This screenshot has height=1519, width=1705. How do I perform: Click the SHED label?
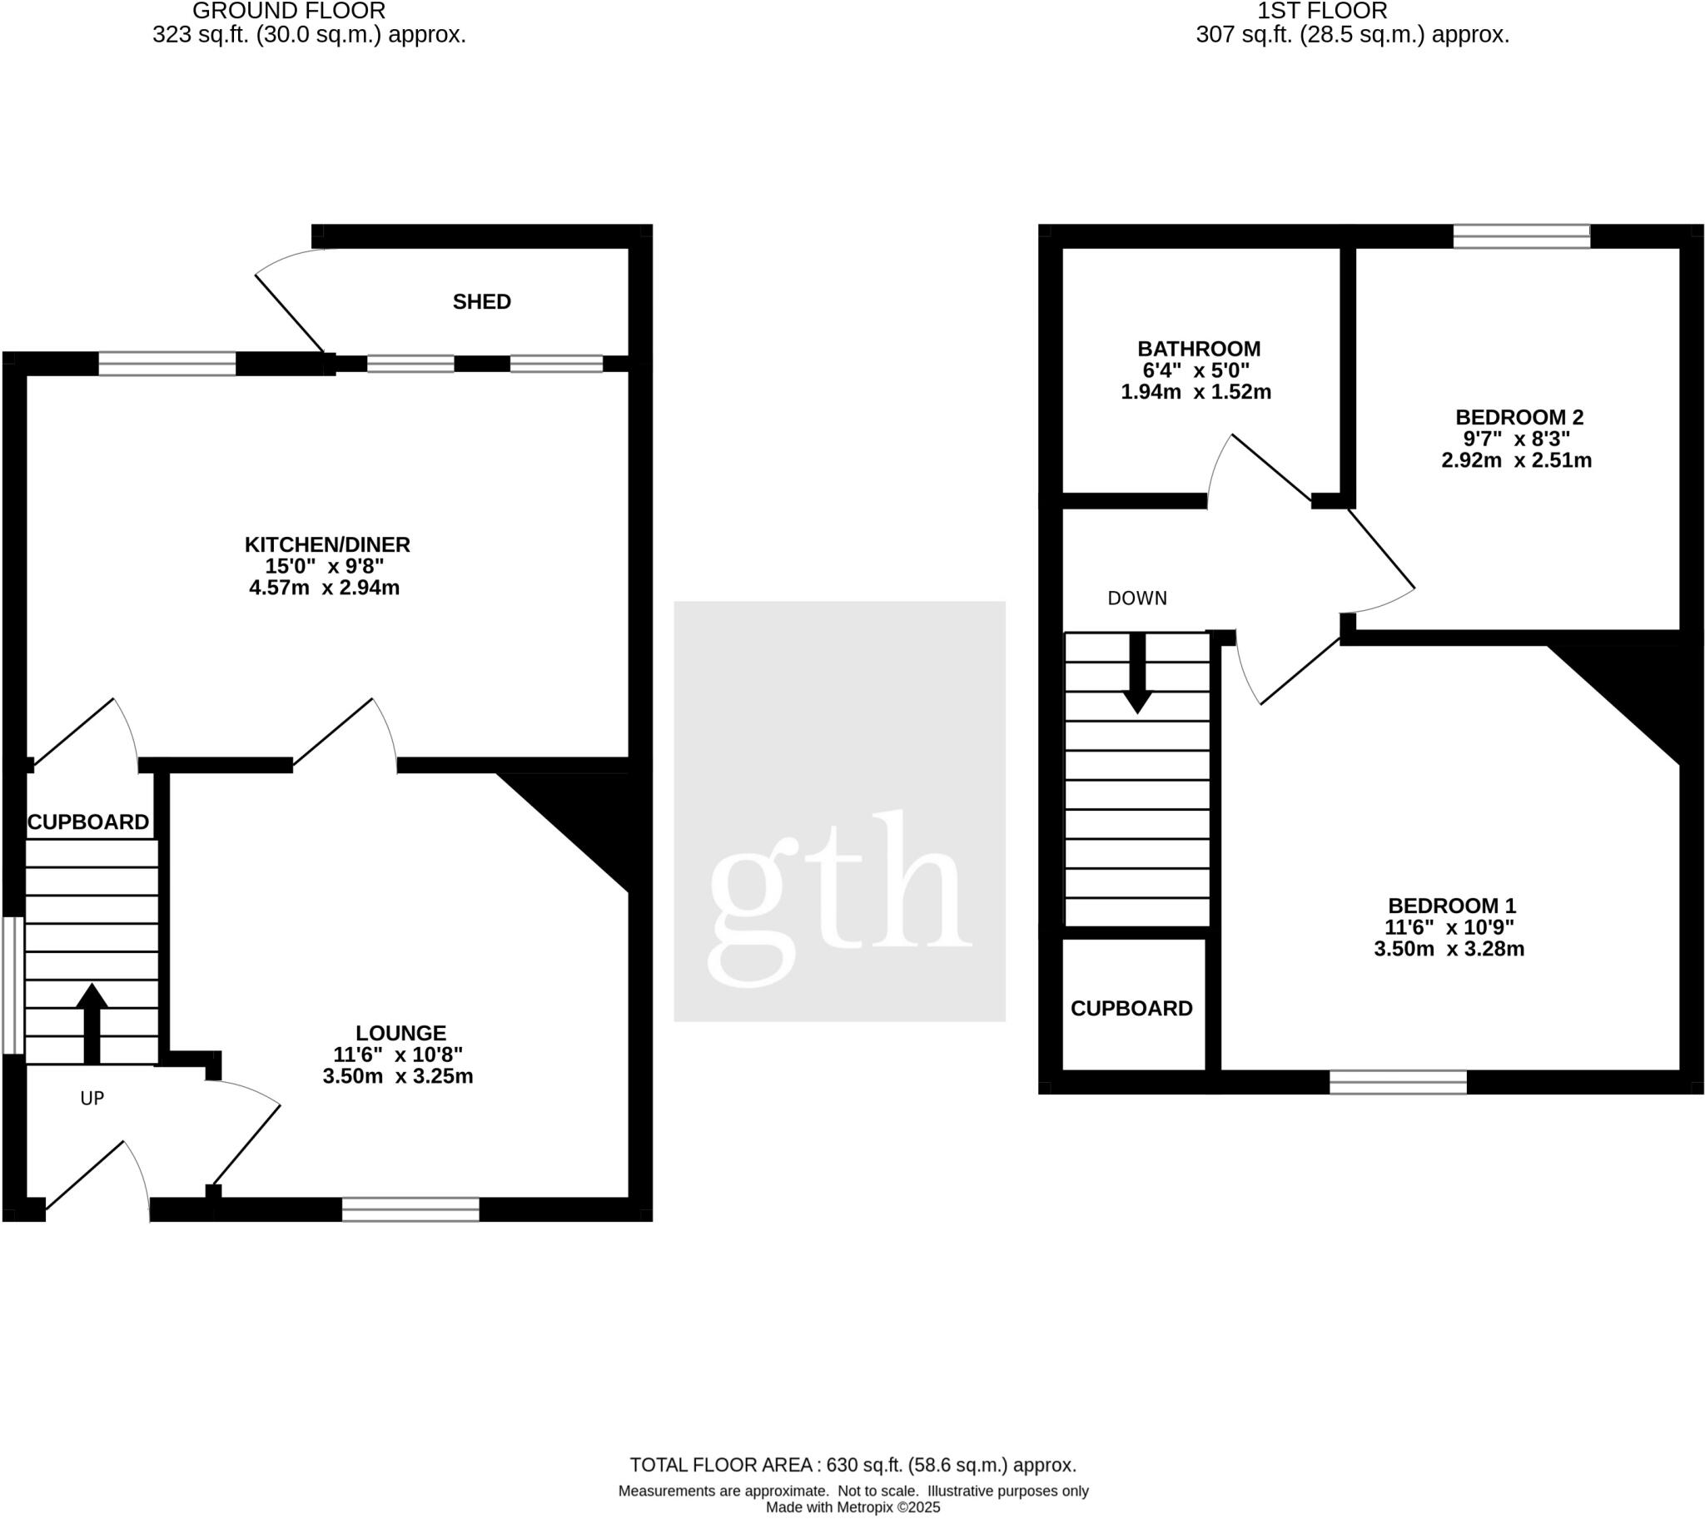pyautogui.click(x=482, y=302)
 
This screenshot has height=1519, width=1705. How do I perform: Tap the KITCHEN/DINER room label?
pyautogui.click(x=326, y=545)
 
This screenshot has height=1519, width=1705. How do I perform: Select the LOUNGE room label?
pyautogui.click(x=400, y=1033)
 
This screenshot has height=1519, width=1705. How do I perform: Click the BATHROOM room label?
pyautogui.click(x=1198, y=349)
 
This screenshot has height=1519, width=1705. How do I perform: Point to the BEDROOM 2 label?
pyautogui.click(x=1519, y=417)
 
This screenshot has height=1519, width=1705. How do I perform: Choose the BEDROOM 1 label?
pyautogui.click(x=1451, y=906)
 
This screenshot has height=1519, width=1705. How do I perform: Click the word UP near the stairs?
pyautogui.click(x=92, y=1099)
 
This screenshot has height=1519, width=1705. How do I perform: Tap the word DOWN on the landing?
pyautogui.click(x=1137, y=598)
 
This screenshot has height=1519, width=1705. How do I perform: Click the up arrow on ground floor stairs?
pyautogui.click(x=92, y=1022)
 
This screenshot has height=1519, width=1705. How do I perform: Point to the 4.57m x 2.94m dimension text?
pyautogui.click(x=324, y=588)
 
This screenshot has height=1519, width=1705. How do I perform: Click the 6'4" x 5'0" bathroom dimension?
pyautogui.click(x=1195, y=370)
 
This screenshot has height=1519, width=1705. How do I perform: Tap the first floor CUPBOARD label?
pyautogui.click(x=1131, y=1009)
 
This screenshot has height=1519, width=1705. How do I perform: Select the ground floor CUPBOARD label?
pyautogui.click(x=88, y=823)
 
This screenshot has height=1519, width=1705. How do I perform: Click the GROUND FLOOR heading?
pyautogui.click(x=289, y=12)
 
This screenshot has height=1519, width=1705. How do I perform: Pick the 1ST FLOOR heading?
pyautogui.click(x=1322, y=12)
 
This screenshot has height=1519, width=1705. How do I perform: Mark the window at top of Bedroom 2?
pyautogui.click(x=1521, y=236)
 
